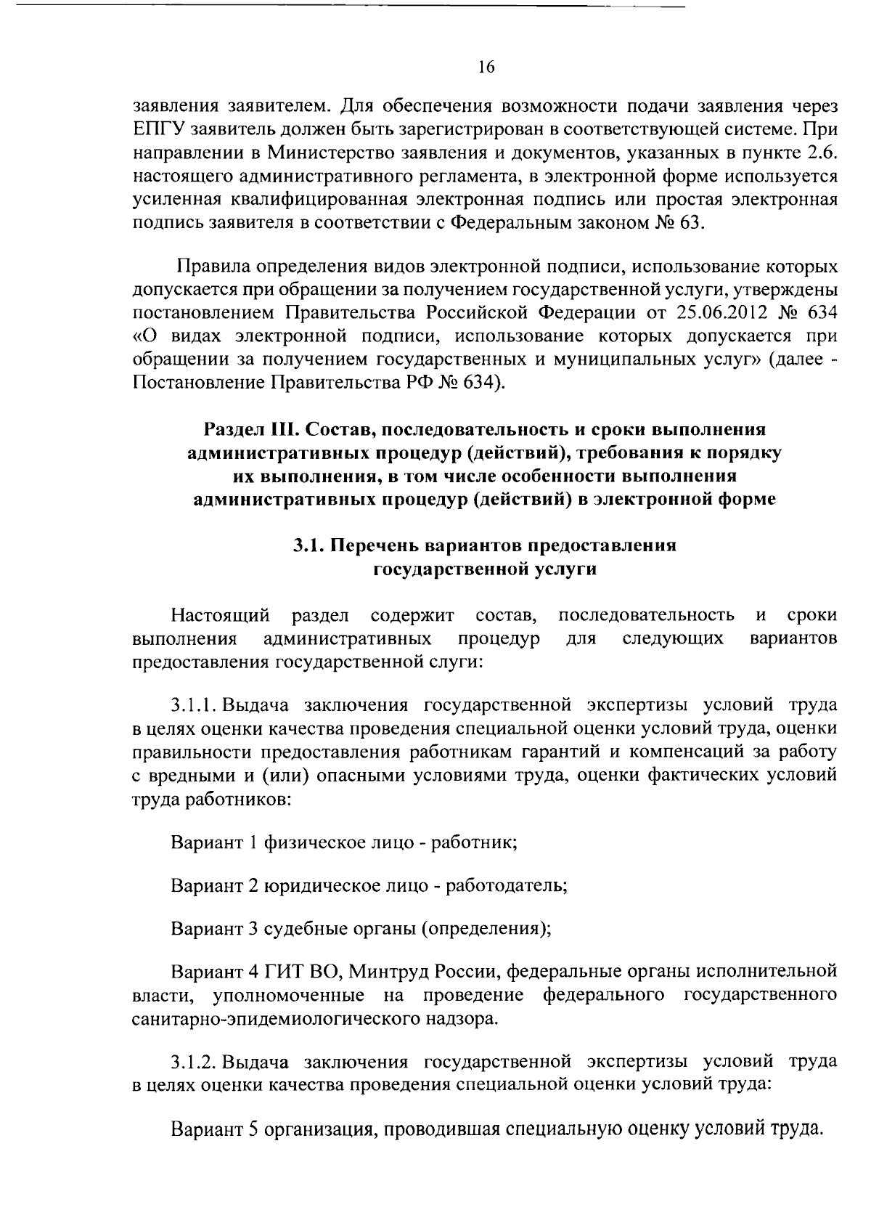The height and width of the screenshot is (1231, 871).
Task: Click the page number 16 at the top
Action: pos(486,68)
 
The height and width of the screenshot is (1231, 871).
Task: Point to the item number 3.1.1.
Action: pos(194,705)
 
